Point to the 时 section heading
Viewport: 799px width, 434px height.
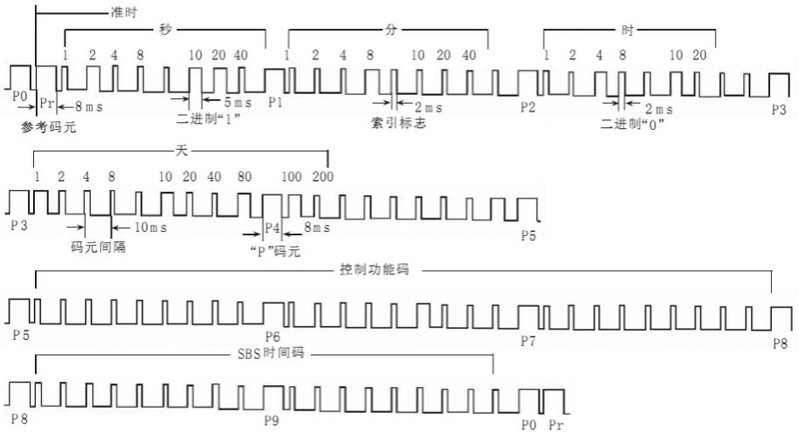point(627,32)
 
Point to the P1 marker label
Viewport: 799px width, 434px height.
point(276,101)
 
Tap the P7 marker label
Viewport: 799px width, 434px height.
point(528,342)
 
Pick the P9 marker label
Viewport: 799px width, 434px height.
point(271,420)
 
